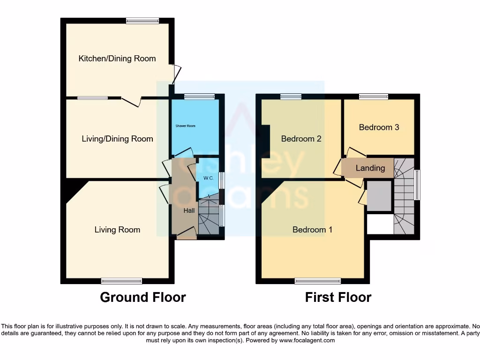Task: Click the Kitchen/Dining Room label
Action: [117, 59]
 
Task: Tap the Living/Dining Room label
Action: [117, 139]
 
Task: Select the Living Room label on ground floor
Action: [117, 230]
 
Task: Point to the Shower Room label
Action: [186, 126]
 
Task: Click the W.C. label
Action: [209, 178]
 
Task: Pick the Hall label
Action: [189, 211]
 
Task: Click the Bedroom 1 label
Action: [312, 230]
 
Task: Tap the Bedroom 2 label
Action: [301, 139]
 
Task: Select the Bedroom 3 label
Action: [379, 127]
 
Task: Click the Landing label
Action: [370, 168]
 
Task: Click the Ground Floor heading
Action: [143, 297]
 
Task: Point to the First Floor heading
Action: [338, 297]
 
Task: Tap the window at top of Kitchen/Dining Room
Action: [142, 20]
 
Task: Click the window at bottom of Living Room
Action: [121, 281]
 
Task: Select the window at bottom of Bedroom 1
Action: [318, 281]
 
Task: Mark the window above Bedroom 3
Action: [374, 97]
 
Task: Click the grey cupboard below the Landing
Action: [379, 196]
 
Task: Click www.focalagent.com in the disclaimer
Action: [307, 341]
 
